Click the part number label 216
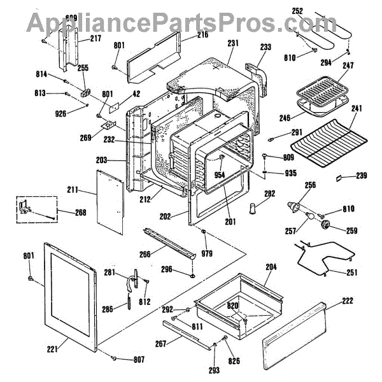[202, 34]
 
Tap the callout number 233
[266, 46]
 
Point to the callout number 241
[356, 109]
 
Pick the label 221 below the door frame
[52, 348]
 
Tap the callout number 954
[220, 174]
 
